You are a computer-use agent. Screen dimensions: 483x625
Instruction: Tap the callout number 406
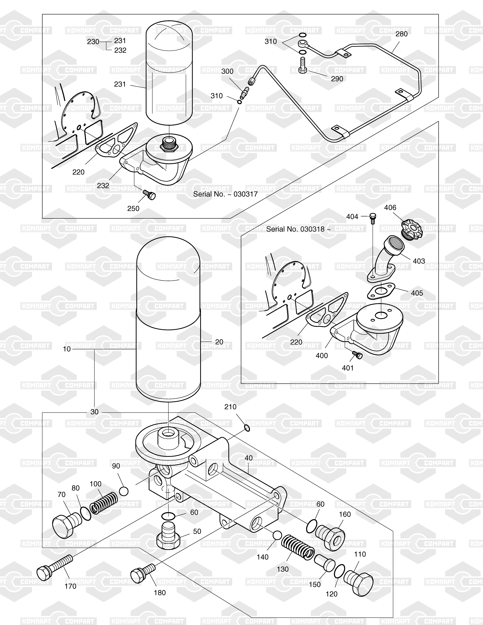390,207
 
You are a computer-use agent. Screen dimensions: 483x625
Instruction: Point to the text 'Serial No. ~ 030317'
225,194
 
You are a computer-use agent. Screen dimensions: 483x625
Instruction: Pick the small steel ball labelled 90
123,491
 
